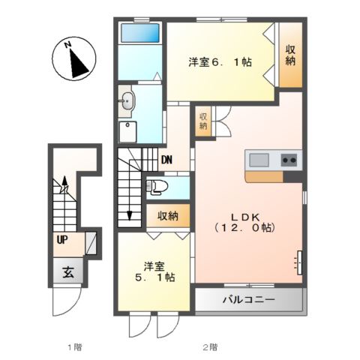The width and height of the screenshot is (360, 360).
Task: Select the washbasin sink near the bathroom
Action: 127,100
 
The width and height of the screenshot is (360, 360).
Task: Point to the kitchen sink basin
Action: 259,160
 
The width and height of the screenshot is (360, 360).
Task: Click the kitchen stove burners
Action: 289,160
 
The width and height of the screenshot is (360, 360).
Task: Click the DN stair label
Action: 167,159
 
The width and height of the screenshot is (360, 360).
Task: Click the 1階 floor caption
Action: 73,346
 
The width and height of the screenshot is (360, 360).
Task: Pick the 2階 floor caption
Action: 209,346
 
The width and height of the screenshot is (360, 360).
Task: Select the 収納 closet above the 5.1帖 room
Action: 167,216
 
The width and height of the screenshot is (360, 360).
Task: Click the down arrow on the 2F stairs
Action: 129,214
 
